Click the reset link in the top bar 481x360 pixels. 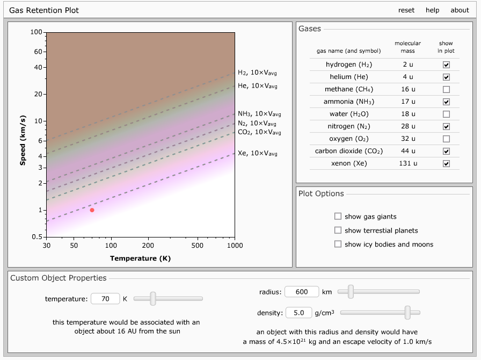click(406, 10)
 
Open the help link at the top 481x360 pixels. click(432, 10)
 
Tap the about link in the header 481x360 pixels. click(460, 10)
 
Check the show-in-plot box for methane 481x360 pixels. click(446, 89)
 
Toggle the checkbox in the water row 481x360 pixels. click(446, 114)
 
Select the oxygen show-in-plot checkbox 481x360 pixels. click(446, 139)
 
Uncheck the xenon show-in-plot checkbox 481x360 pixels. click(446, 163)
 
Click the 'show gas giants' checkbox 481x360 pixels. click(338, 216)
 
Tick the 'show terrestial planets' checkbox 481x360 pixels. click(338, 230)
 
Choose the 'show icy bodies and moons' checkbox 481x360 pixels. click(338, 244)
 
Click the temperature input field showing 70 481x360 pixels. click(105, 299)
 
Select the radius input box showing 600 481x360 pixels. click(302, 292)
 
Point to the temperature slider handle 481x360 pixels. click(153, 298)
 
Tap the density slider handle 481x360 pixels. click(407, 312)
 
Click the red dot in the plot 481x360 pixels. click(92, 210)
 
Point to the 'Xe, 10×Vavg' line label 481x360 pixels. click(258, 154)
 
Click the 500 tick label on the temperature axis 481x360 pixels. click(197, 246)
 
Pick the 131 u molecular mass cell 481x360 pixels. click(408, 163)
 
